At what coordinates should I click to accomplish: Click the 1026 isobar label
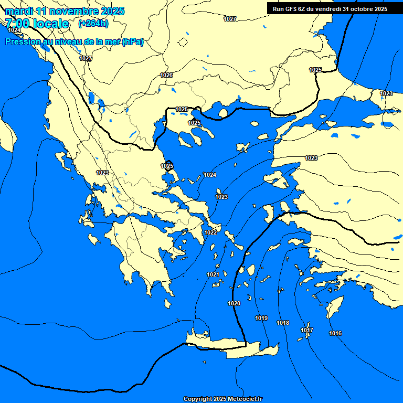(166, 75)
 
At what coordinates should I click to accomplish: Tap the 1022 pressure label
(211, 232)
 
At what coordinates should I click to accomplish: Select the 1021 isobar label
(213, 274)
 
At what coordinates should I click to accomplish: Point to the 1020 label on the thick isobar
(234, 304)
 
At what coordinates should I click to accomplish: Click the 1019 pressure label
(261, 319)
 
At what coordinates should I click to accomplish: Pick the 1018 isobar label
(283, 323)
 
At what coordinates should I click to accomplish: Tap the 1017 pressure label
(307, 330)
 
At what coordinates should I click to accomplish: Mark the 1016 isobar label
(335, 334)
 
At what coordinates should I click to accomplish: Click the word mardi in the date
(19, 10)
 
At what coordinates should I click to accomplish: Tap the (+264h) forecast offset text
(93, 23)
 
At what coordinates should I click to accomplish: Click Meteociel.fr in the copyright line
(245, 399)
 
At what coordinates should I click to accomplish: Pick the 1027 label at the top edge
(230, 19)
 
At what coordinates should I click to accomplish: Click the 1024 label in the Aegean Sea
(210, 175)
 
